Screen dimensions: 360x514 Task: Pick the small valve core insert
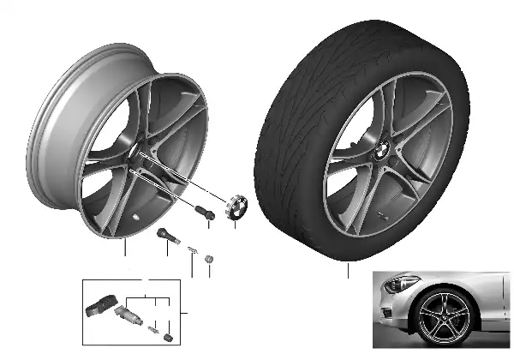click(193, 249)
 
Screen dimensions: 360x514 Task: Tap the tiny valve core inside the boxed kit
click(152, 329)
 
